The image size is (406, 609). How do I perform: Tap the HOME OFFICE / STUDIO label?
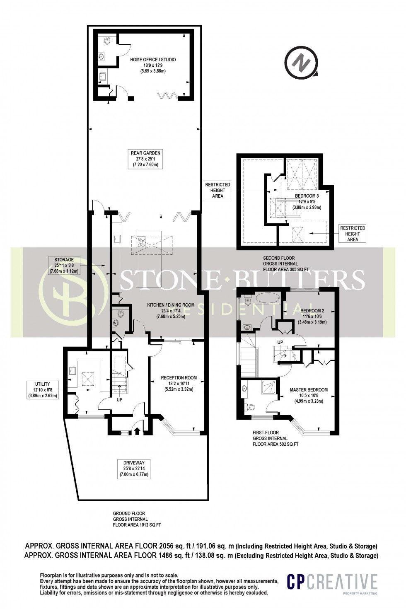pyautogui.click(x=153, y=65)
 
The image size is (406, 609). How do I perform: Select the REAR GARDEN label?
pyautogui.click(x=145, y=159)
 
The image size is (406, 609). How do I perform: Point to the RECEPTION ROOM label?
pyautogui.click(x=179, y=383)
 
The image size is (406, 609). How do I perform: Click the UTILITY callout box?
pyautogui.click(x=43, y=389)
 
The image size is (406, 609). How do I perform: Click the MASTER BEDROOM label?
pyautogui.click(x=309, y=395)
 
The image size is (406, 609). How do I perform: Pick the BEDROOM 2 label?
pyautogui.click(x=312, y=316)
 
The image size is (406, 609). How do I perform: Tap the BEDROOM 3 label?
pyautogui.click(x=307, y=201)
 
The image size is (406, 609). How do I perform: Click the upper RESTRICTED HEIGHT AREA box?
pyautogui.click(x=217, y=190)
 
